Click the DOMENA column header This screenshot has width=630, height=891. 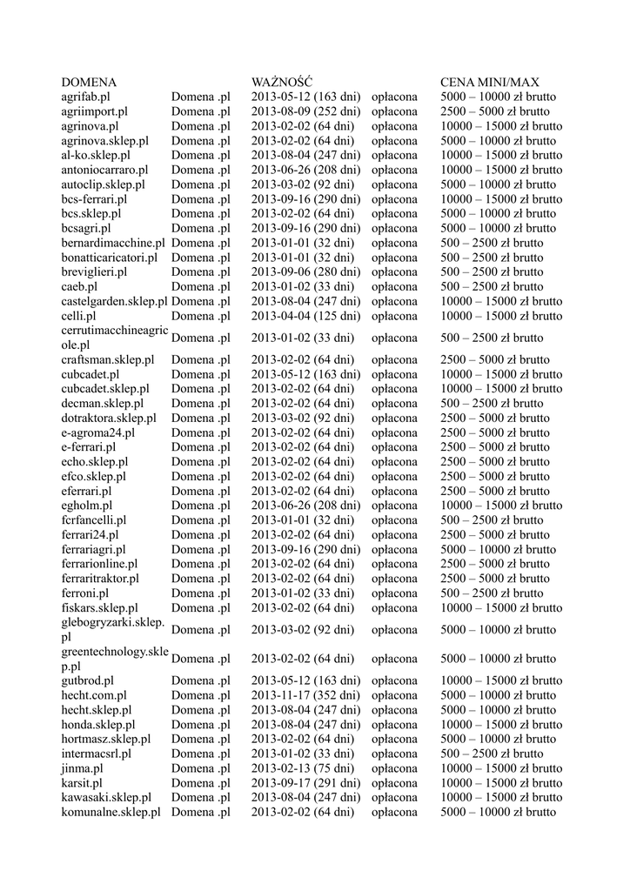pos(89,82)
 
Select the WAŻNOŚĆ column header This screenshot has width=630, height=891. pos(282,82)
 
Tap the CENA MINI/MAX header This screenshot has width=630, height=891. pos(490,82)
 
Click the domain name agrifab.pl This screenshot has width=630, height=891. pos(85,97)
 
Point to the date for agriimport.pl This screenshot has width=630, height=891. pos(305,111)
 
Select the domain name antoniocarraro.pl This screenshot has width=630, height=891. pos(104,170)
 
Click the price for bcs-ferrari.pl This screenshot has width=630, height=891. pos(501,199)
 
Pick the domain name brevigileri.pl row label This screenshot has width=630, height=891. pos(94,271)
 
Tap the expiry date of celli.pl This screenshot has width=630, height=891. pos(305,316)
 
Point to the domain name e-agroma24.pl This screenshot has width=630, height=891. pos(98,432)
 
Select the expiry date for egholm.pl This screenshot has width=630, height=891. pos(305,506)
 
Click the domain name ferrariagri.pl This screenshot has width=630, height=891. pos(93,549)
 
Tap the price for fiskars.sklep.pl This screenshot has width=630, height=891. pos(501,607)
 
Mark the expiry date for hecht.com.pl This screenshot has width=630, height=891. pos(305,695)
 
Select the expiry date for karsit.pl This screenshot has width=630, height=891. pos(305,783)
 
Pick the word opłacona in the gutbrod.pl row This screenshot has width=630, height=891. pos(394,680)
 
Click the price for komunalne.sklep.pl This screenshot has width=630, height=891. pos(498,812)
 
